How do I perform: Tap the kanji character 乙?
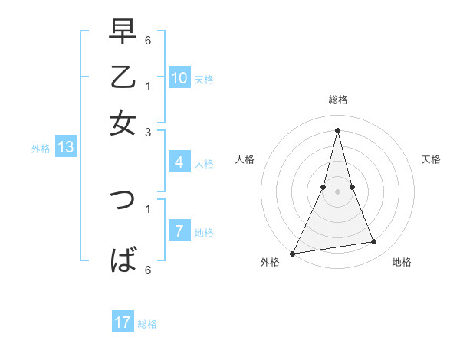pyautogui.click(x=123, y=79)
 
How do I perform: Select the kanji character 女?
pyautogui.click(x=123, y=123)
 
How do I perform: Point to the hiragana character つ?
pyautogui.click(x=123, y=201)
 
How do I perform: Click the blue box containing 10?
pyautogui.click(x=179, y=78)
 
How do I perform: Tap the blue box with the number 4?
pyautogui.click(x=179, y=162)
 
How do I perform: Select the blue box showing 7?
pyautogui.click(x=179, y=231)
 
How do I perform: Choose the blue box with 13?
pyautogui.click(x=65, y=148)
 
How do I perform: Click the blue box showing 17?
pyautogui.click(x=123, y=323)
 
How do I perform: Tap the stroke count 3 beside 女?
pyautogui.click(x=148, y=132)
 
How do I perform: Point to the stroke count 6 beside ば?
pyautogui.click(x=148, y=270)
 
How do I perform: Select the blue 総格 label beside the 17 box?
pyautogui.click(x=148, y=324)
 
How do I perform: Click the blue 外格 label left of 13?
pyautogui.click(x=41, y=149)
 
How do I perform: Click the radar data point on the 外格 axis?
pyautogui.click(x=292, y=254)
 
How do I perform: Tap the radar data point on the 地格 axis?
pyautogui.click(x=374, y=242)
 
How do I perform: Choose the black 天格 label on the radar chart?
pyautogui.click(x=432, y=159)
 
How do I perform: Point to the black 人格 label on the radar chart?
pyautogui.click(x=245, y=159)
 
